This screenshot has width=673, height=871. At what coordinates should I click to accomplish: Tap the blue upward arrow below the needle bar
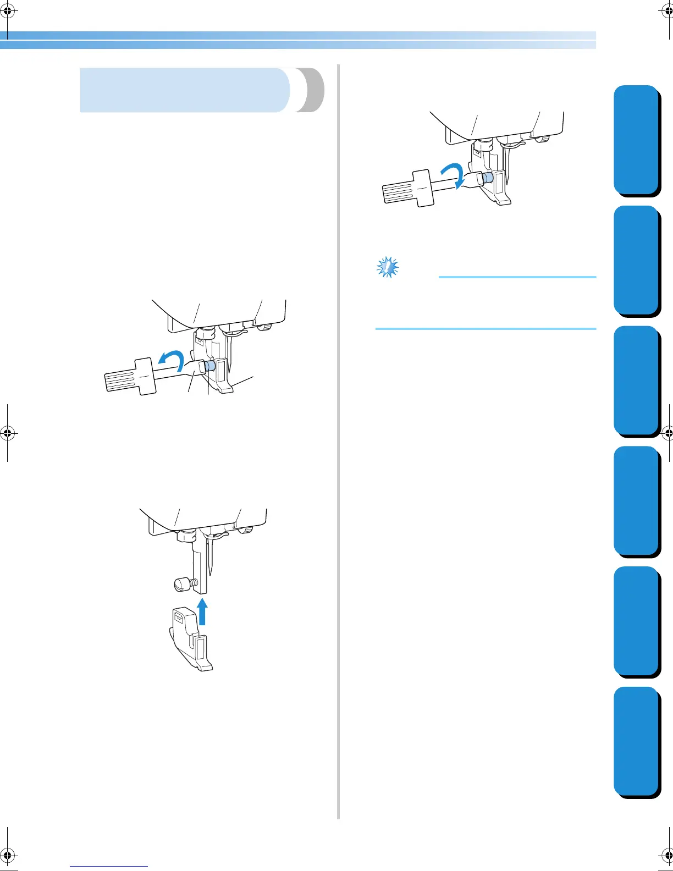tap(203, 611)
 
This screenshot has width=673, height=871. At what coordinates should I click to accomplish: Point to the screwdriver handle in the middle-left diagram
tap(130, 376)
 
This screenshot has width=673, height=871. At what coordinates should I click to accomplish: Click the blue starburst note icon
tap(388, 267)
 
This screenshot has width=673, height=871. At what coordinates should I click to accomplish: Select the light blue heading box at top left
tap(184, 90)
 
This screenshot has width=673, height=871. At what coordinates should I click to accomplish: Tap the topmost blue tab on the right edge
tap(636, 140)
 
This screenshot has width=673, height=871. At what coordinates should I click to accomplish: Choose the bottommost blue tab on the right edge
tap(636, 742)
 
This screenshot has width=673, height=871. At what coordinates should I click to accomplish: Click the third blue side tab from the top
tap(636, 381)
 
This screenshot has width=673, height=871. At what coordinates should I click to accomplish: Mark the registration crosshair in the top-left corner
tap(8, 9)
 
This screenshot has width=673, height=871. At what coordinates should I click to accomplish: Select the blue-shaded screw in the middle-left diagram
tap(209, 366)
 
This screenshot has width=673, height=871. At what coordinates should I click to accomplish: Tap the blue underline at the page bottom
tap(109, 867)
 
